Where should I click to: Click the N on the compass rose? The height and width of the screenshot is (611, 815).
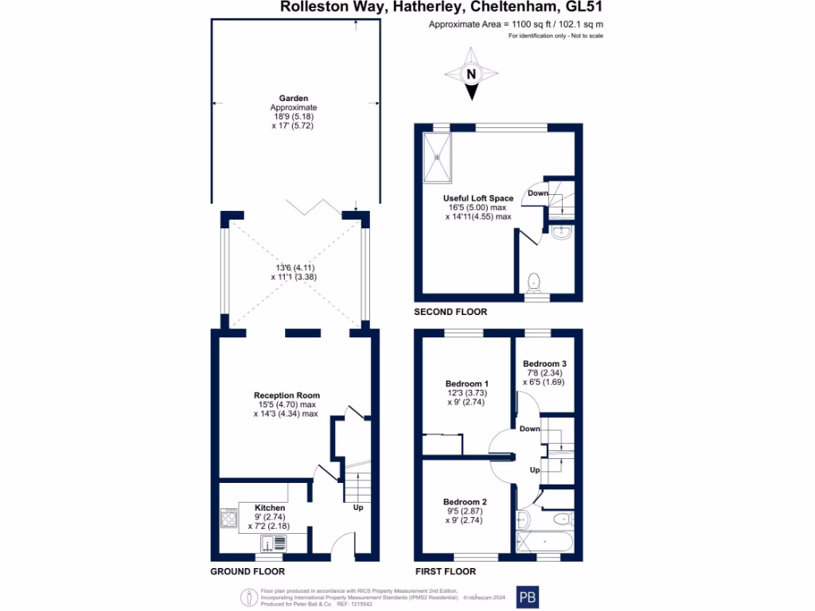(471, 75)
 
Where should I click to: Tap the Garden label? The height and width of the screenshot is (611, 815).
(293, 99)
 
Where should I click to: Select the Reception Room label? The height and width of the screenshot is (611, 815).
(287, 395)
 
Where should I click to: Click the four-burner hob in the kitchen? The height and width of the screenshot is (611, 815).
(226, 519)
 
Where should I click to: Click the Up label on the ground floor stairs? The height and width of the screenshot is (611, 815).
(357, 507)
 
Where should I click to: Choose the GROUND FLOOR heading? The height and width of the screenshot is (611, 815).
(247, 571)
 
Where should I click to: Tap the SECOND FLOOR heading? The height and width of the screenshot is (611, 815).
(450, 312)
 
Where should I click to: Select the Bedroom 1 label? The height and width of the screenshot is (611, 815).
(466, 383)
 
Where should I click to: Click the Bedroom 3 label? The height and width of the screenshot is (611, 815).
(544, 364)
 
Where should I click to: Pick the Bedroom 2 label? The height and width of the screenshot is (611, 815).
(465, 502)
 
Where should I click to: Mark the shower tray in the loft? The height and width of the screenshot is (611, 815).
(437, 157)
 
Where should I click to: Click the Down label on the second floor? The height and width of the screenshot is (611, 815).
(537, 193)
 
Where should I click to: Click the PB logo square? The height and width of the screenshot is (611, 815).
(527, 597)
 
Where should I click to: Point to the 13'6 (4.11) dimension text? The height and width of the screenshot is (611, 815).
(294, 268)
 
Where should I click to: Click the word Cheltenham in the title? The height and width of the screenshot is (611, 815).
(513, 7)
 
